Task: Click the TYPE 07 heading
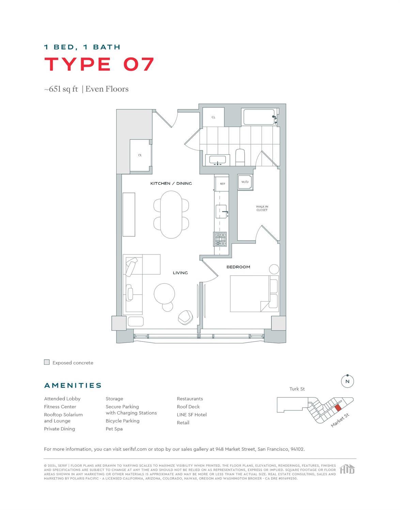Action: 99,64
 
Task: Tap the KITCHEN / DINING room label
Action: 171,183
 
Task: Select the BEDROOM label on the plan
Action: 238,267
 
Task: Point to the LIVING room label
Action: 180,273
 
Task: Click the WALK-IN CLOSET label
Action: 262,208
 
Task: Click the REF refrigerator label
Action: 222,184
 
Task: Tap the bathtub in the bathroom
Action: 259,117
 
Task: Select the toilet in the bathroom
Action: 240,157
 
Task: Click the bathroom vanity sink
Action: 217,159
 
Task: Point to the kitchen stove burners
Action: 220,239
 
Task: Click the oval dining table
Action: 171,214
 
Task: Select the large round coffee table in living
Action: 164,293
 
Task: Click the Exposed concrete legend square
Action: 47,362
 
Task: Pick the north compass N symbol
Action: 347,381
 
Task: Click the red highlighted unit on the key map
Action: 338,408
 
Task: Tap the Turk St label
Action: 297,389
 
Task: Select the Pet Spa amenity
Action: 114,429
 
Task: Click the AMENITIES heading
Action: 73,385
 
